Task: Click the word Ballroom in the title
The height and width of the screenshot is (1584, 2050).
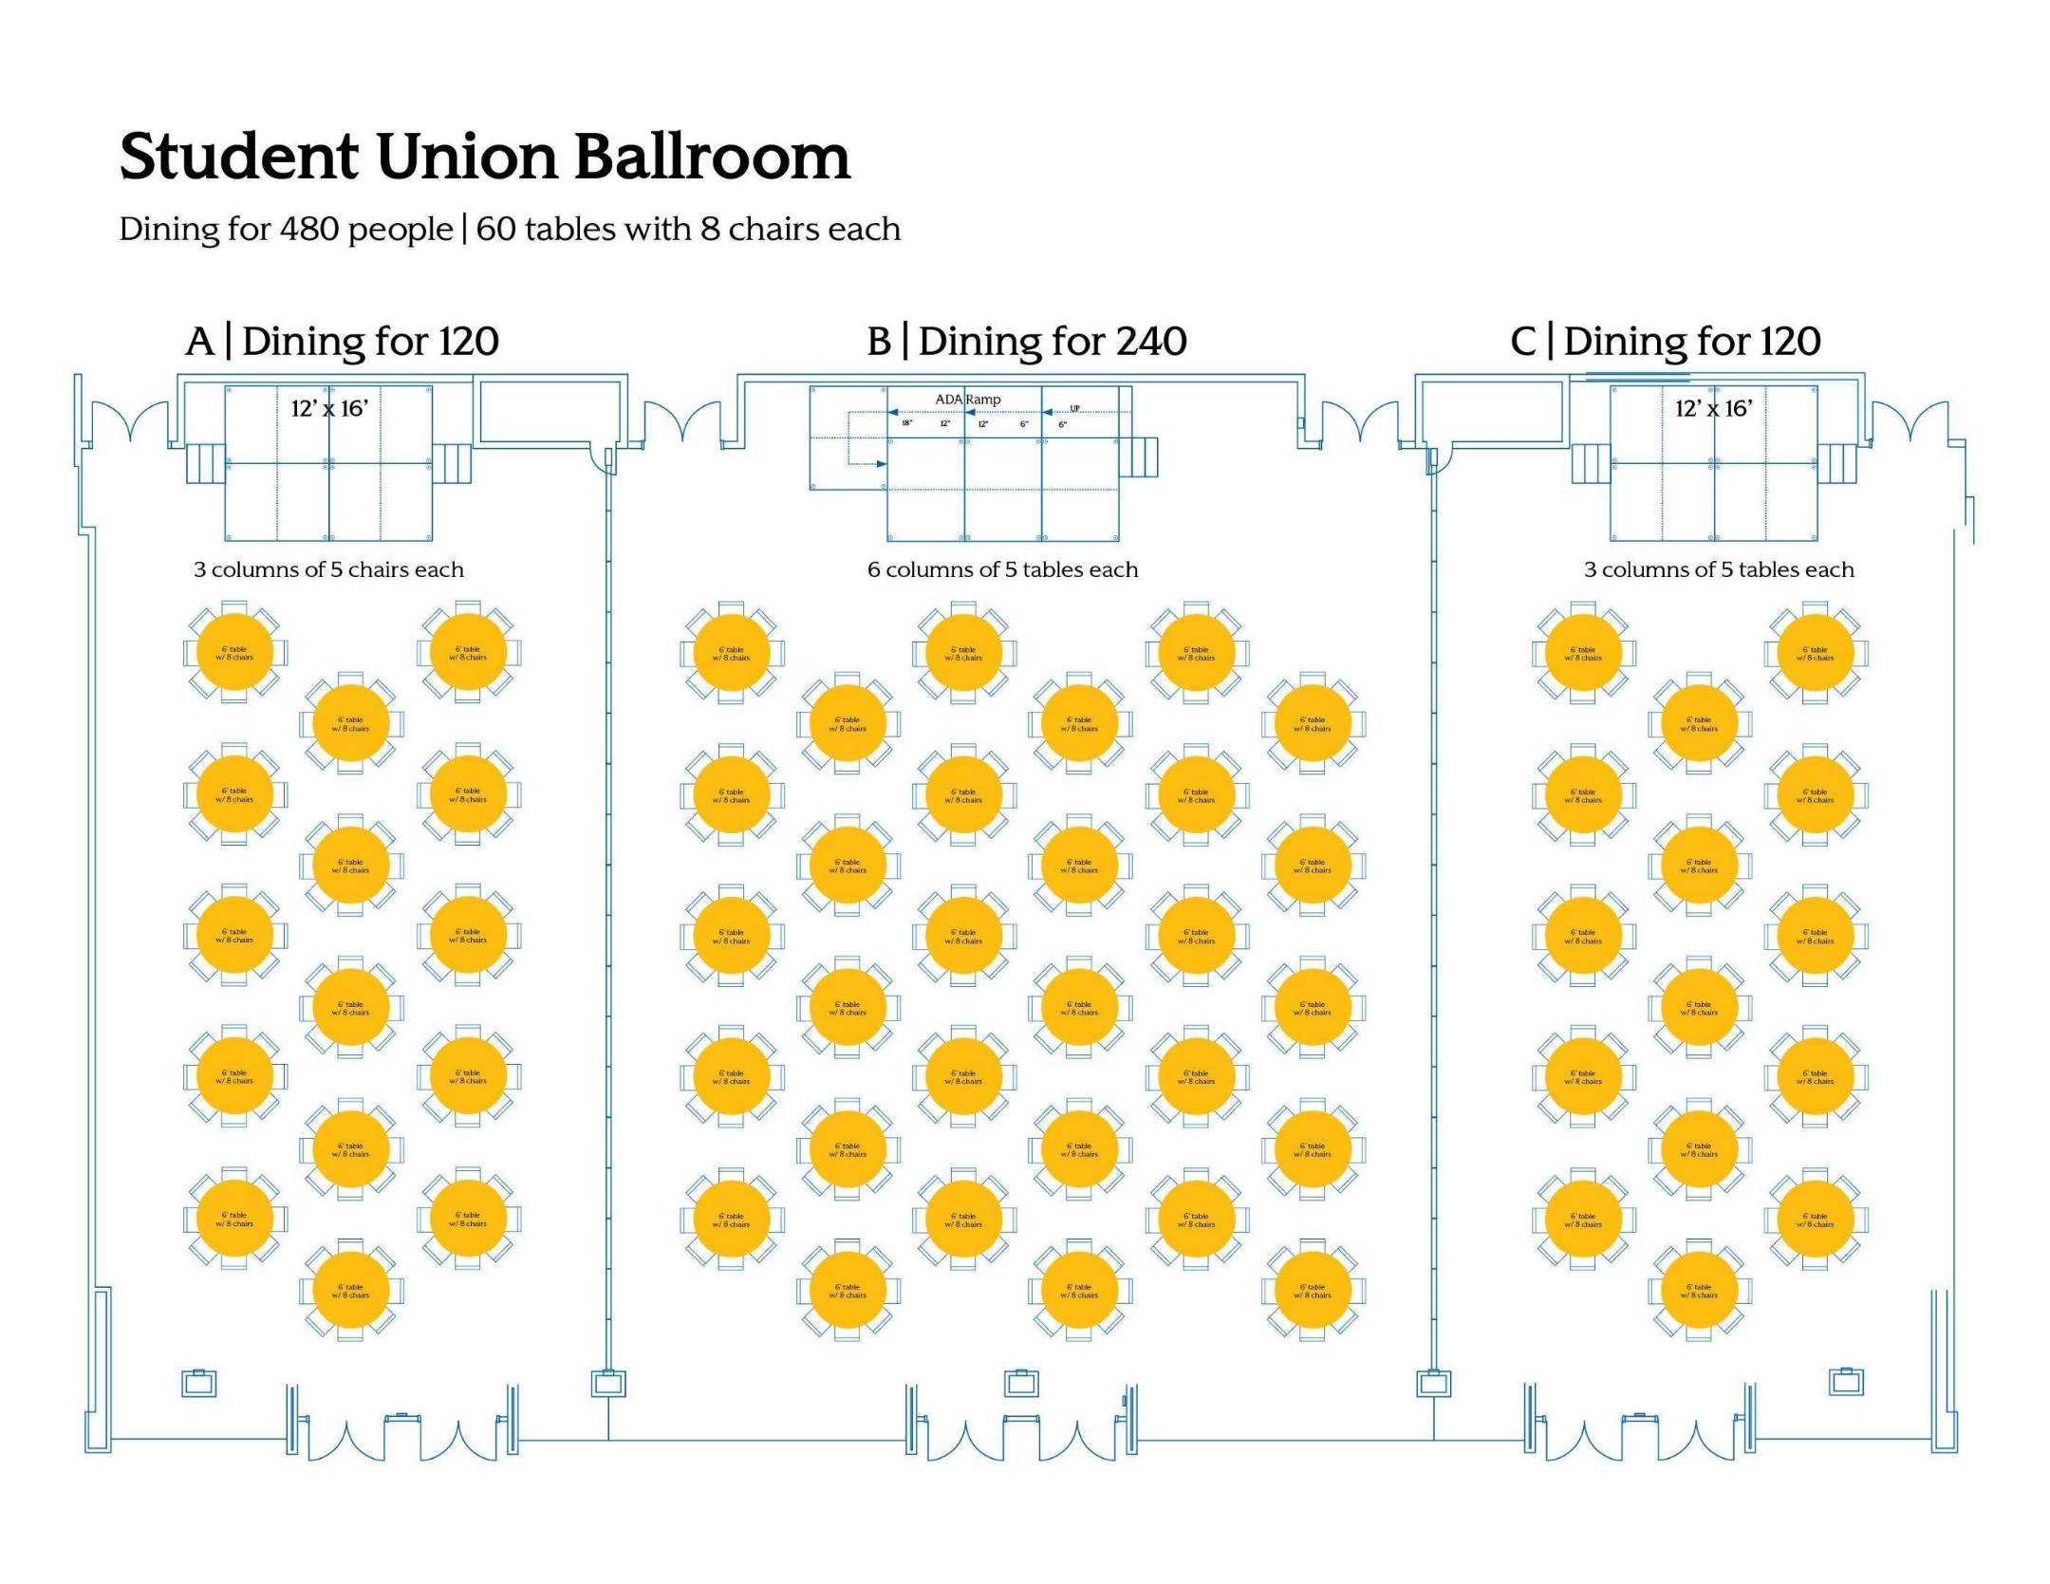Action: pos(712,157)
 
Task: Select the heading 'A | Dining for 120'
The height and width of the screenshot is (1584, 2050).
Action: pos(343,342)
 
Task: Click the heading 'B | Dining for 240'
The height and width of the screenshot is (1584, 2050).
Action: pos(1026,342)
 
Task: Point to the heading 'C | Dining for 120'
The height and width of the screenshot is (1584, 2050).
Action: pos(1665,342)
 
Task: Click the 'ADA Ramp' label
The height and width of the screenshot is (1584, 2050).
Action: pos(967,400)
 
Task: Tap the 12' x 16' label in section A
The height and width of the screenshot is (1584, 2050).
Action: pos(329,409)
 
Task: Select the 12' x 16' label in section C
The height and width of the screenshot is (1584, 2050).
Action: pos(1713,409)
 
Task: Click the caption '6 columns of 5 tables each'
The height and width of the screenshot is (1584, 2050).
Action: pos(1002,569)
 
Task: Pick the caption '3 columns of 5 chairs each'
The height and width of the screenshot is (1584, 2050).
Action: pos(328,569)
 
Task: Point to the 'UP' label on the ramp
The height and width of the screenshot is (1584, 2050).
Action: pos(1074,409)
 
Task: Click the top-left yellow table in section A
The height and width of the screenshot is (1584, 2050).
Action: pos(234,653)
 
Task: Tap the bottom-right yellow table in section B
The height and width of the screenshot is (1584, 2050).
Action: pos(1313,1291)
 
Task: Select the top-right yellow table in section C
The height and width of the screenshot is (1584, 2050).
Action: pos(1815,653)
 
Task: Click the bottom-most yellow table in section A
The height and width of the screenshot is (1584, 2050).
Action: pos(351,1291)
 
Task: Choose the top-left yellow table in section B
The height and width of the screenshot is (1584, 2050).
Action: pos(732,653)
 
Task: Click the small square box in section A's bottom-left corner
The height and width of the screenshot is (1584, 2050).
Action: pos(198,1384)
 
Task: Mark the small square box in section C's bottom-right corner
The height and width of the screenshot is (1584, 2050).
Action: pos(1846,1382)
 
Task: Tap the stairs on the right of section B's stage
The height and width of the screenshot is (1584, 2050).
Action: pos(1145,457)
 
